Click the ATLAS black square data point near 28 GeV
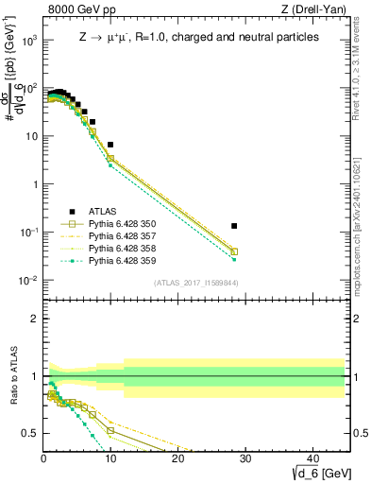pos(234,226)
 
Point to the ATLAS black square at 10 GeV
pos(110,145)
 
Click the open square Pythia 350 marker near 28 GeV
pos(234,251)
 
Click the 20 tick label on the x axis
pos(177,459)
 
